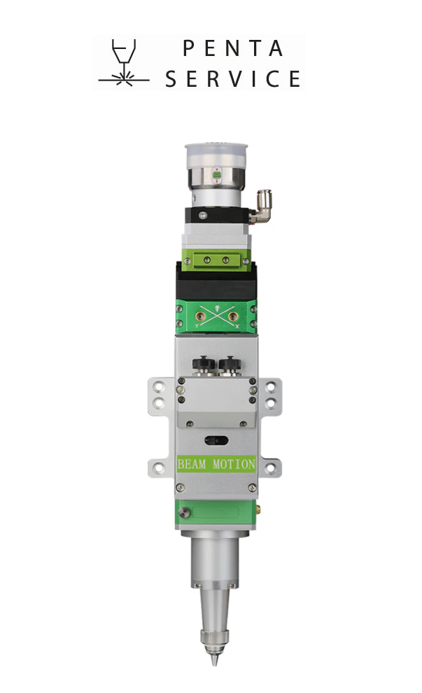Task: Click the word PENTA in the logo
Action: [232, 48]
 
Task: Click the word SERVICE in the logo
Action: [233, 78]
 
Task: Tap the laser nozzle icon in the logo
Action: [124, 62]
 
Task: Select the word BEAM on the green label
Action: [191, 464]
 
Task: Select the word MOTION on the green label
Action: [234, 464]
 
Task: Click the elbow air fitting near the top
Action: [261, 206]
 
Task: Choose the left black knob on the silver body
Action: [203, 365]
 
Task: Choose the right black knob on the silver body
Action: [230, 365]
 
